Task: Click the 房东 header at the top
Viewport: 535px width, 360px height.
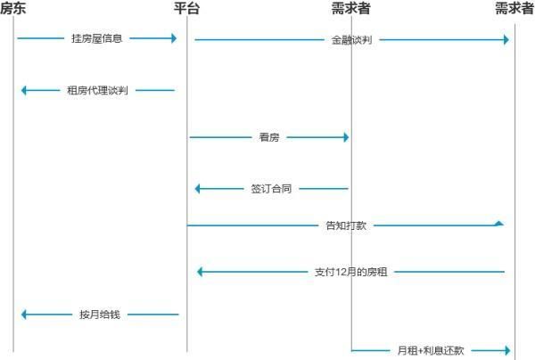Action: pos(13,9)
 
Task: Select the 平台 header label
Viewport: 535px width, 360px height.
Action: pos(187,9)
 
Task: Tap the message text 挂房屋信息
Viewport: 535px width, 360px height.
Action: pos(97,39)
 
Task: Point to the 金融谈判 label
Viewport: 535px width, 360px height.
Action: pos(350,40)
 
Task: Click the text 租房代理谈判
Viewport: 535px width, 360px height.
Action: pos(98,90)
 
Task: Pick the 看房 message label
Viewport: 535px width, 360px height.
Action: pos(269,137)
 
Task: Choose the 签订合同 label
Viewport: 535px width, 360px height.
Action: pos(272,189)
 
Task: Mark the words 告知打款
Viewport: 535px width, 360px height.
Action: pos(346,226)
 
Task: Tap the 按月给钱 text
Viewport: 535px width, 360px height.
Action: pos(98,315)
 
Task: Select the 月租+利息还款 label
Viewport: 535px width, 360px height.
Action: pos(431,351)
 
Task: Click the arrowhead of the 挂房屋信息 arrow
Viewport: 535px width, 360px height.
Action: pos(172,38)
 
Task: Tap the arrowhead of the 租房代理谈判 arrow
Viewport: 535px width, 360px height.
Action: pos(25,90)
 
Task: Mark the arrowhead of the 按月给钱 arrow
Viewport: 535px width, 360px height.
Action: pos(25,315)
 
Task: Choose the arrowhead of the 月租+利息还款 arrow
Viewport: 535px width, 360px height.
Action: pos(506,351)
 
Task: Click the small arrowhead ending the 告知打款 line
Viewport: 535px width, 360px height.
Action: pos(499,223)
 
